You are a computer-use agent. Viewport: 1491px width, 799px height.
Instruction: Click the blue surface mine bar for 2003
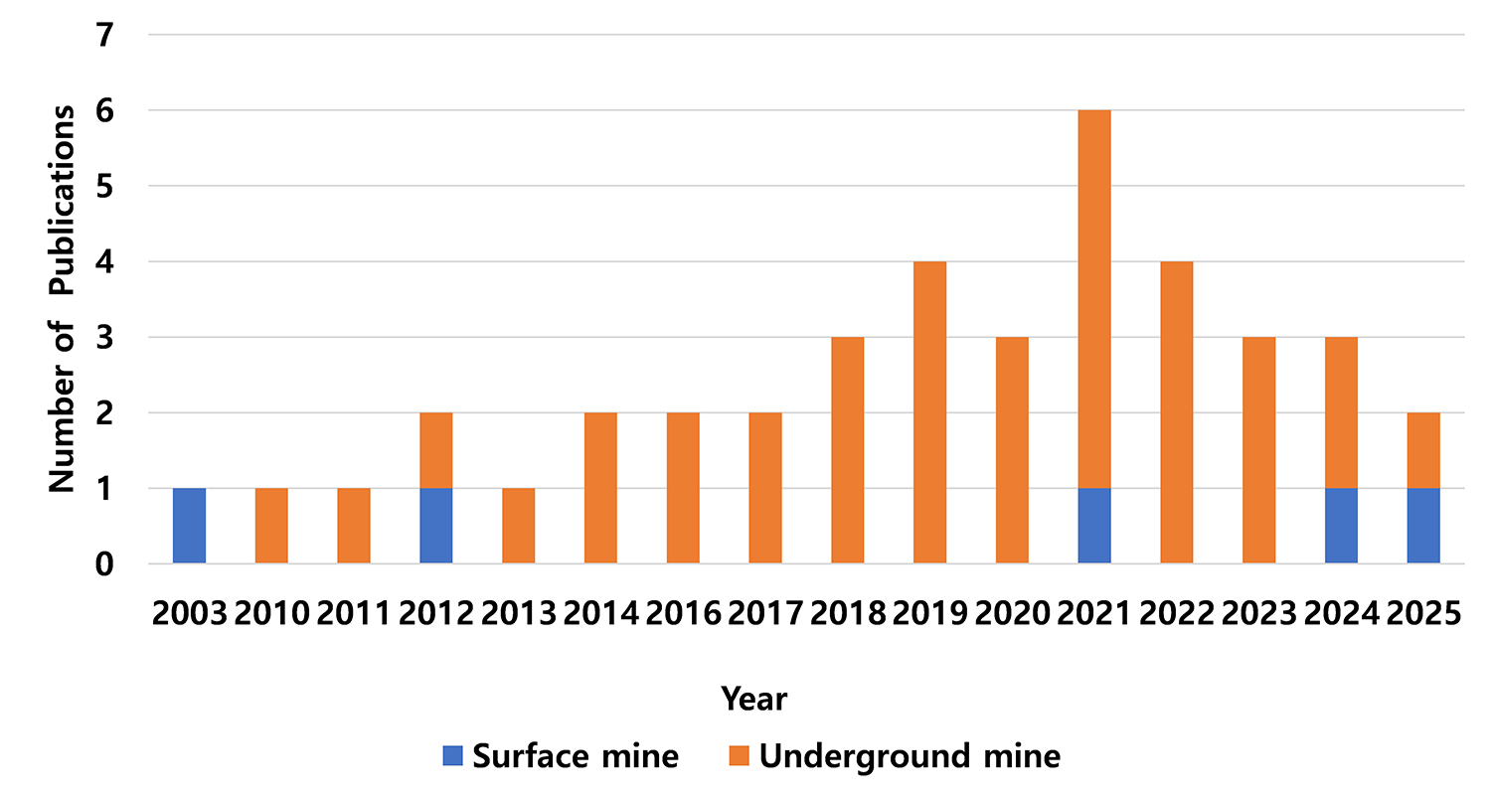189,526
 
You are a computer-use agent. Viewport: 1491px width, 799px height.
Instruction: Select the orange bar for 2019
929,412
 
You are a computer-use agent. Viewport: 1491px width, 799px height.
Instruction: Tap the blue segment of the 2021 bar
1093,526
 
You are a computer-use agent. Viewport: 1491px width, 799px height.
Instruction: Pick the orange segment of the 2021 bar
1093,299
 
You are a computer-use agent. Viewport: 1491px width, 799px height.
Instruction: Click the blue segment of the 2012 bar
435,526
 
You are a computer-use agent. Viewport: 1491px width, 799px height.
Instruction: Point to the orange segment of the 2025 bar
1422,450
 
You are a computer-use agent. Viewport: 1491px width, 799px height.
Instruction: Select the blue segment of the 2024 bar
1340,526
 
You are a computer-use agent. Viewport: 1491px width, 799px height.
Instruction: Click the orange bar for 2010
271,526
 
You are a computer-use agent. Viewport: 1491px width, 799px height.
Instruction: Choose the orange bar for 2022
1176,412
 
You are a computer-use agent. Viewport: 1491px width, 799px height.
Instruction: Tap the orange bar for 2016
682,488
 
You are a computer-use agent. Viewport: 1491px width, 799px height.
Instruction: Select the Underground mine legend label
910,756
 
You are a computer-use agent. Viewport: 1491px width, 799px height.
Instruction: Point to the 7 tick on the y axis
106,36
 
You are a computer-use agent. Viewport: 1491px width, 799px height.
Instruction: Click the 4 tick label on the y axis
106,262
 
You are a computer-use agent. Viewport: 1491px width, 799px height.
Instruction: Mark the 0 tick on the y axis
106,564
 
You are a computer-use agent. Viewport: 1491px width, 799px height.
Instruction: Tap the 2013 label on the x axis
518,613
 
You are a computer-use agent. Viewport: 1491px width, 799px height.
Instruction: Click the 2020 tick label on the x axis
1011,613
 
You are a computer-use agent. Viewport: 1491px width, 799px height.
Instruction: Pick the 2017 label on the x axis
764,613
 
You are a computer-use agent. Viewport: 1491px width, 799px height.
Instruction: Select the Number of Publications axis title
63,298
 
